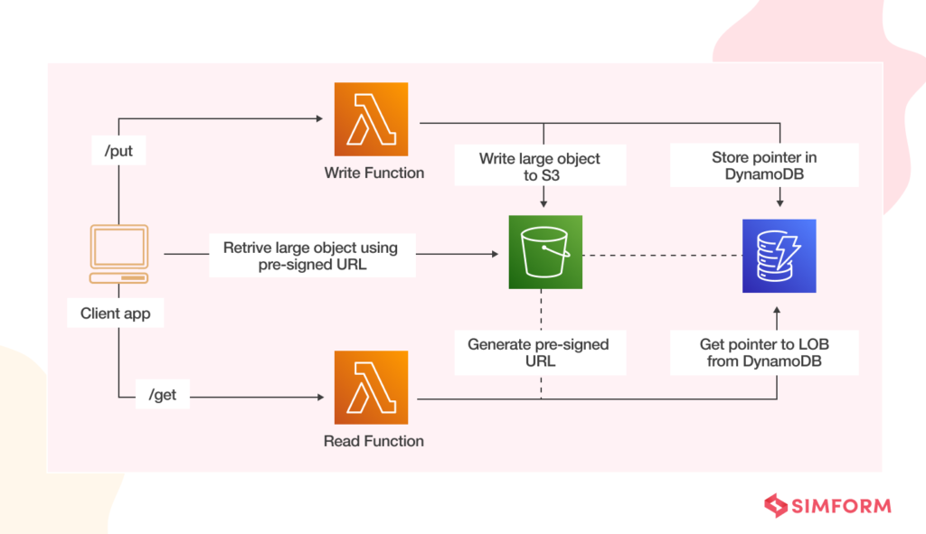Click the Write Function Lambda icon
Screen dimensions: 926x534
click(371, 119)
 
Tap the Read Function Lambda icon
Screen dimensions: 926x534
click(371, 388)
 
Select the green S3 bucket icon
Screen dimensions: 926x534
click(545, 252)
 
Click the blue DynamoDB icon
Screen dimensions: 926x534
click(779, 256)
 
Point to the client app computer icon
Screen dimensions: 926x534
click(118, 254)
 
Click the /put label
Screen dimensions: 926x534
click(118, 151)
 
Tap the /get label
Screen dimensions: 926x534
click(163, 394)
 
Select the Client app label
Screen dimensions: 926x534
click(115, 314)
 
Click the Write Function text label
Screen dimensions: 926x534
click(373, 173)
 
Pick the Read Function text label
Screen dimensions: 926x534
click(373, 441)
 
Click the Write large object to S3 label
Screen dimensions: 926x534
click(540, 166)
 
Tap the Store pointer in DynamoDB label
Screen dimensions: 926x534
click(764, 165)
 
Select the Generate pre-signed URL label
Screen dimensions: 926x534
click(540, 352)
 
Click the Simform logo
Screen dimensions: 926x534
click(827, 506)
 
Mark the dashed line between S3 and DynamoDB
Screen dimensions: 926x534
click(662, 256)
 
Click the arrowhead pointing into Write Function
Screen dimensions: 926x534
click(319, 118)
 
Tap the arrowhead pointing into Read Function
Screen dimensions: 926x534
click(321, 397)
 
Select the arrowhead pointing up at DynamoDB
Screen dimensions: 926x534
click(777, 310)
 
